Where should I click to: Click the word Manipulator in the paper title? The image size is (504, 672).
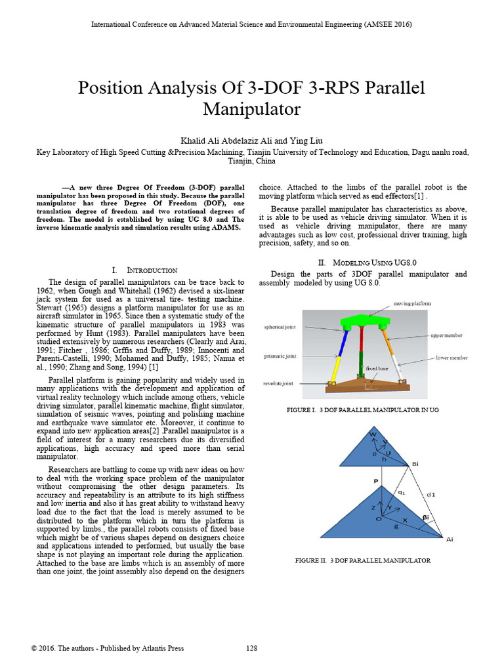point(251,109)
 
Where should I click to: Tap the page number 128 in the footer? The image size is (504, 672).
point(251,648)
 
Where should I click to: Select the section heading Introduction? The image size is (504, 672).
point(152,270)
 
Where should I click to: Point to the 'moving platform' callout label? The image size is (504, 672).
point(413,304)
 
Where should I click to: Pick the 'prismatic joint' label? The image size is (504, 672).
point(281,356)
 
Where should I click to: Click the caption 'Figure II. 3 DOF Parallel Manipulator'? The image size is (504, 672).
point(363,561)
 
